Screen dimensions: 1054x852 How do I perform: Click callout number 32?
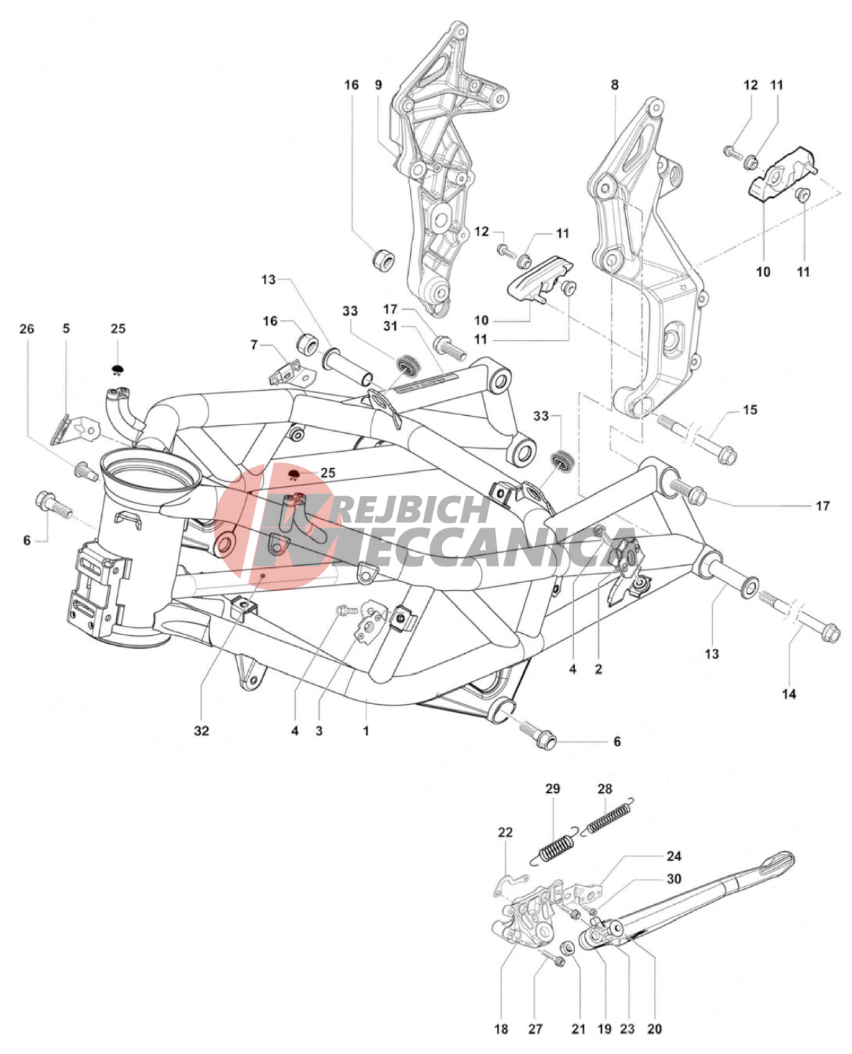202,731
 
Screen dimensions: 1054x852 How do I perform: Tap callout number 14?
789,694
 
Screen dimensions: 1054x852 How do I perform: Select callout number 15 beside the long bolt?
749,410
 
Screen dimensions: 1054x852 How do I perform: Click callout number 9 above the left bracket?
379,85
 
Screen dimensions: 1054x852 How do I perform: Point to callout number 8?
615,85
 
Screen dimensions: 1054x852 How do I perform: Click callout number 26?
27,329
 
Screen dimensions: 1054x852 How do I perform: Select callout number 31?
389,326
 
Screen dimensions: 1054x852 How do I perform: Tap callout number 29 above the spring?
552,789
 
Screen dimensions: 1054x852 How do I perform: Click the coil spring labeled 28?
610,818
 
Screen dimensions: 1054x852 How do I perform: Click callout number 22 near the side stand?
506,832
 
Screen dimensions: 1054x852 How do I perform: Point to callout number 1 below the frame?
366,731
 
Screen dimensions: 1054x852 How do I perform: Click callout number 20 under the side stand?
654,1029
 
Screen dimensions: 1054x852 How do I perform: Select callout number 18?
501,1029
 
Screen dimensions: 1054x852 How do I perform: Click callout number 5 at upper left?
66,329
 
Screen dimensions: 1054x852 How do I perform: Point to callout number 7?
254,345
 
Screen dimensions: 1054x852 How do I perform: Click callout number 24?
673,856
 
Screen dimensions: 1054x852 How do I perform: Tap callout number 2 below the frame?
598,669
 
